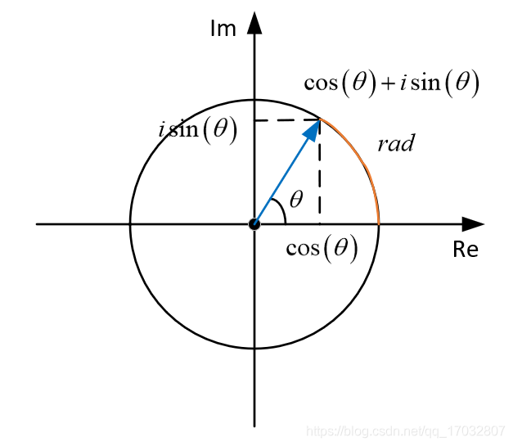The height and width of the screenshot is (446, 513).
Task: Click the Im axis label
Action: (x=223, y=29)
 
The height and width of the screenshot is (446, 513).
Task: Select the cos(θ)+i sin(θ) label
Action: (x=391, y=83)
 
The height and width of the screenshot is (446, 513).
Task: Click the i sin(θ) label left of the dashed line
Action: (x=198, y=130)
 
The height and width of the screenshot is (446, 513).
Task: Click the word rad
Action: (x=396, y=145)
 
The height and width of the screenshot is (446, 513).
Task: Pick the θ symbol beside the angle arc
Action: (x=296, y=199)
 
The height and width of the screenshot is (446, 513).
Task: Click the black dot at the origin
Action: (x=254, y=223)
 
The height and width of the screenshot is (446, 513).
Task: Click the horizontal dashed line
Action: (x=286, y=120)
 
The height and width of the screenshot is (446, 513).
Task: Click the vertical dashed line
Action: (x=319, y=176)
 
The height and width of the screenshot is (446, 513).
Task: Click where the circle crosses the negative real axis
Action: (x=130, y=223)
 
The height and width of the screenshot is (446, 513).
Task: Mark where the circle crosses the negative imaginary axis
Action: (x=254, y=348)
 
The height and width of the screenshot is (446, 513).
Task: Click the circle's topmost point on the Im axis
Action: (x=254, y=99)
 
